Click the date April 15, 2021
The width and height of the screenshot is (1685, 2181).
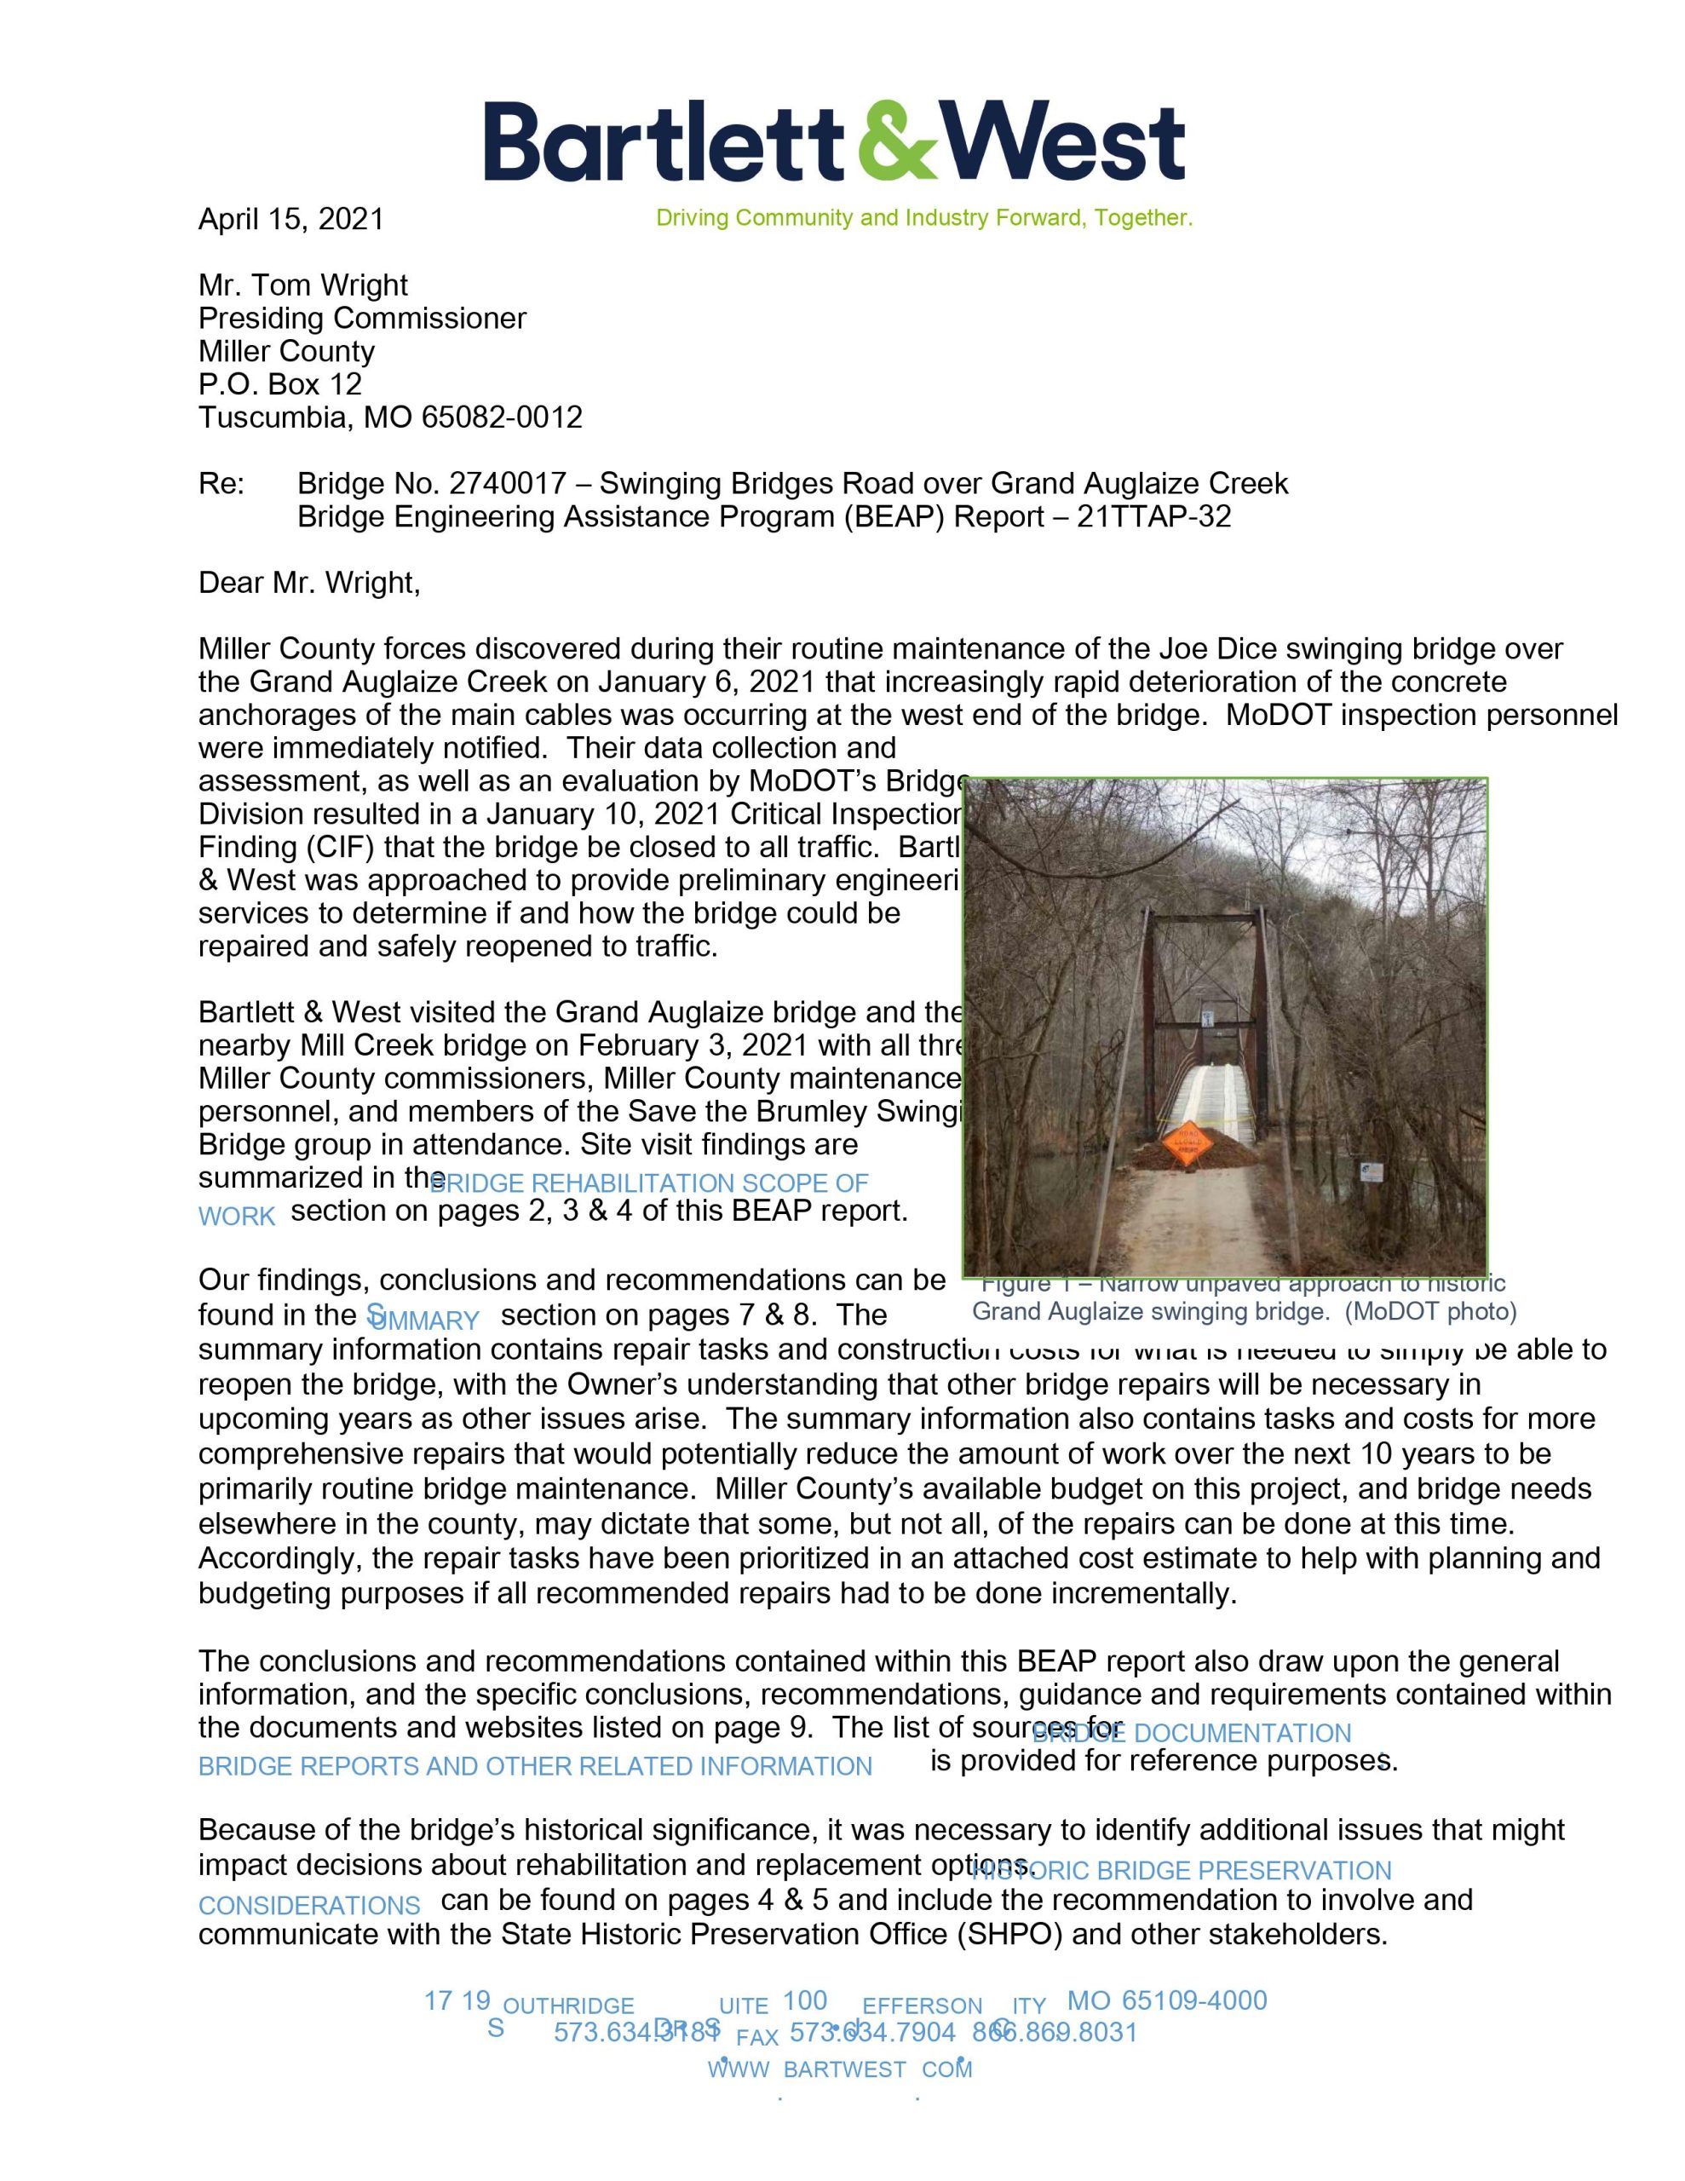pyautogui.click(x=290, y=219)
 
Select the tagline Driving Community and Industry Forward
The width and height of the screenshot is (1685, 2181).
pyautogui.click(x=924, y=218)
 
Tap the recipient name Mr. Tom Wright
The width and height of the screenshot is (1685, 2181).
pyautogui.click(x=302, y=285)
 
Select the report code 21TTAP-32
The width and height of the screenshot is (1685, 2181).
pyautogui.click(x=1153, y=517)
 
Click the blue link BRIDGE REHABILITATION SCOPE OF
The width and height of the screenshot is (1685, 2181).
pyautogui.click(x=648, y=1184)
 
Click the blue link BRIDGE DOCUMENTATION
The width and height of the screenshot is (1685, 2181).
pyautogui.click(x=1191, y=1734)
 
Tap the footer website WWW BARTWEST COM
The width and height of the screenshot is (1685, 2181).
pyautogui.click(x=840, y=2069)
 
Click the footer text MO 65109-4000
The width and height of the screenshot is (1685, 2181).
pyautogui.click(x=1166, y=2001)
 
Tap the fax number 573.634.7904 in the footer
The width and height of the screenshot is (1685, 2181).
pyautogui.click(x=872, y=2032)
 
